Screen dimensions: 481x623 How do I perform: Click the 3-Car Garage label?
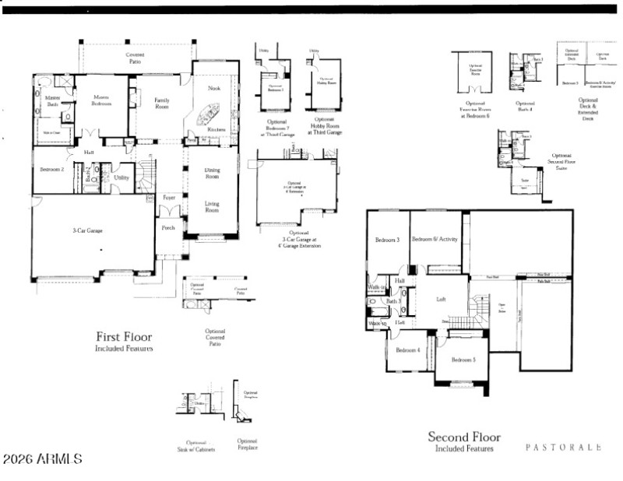click(x=89, y=230)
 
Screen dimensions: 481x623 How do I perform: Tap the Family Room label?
click(x=161, y=104)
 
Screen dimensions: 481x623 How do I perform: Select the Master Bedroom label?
click(x=100, y=100)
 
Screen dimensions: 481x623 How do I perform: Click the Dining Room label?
click(x=212, y=173)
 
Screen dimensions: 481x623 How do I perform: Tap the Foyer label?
click(x=169, y=198)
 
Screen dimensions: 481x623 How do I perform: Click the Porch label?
click(x=168, y=228)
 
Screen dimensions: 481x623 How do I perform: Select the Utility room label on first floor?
click(x=121, y=178)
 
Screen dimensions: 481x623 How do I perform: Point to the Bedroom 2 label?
click(x=52, y=169)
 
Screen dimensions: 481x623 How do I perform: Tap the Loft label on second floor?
click(x=441, y=298)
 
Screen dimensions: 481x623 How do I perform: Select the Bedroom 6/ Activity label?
click(x=435, y=239)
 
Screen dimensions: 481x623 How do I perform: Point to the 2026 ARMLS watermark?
click(x=42, y=459)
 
